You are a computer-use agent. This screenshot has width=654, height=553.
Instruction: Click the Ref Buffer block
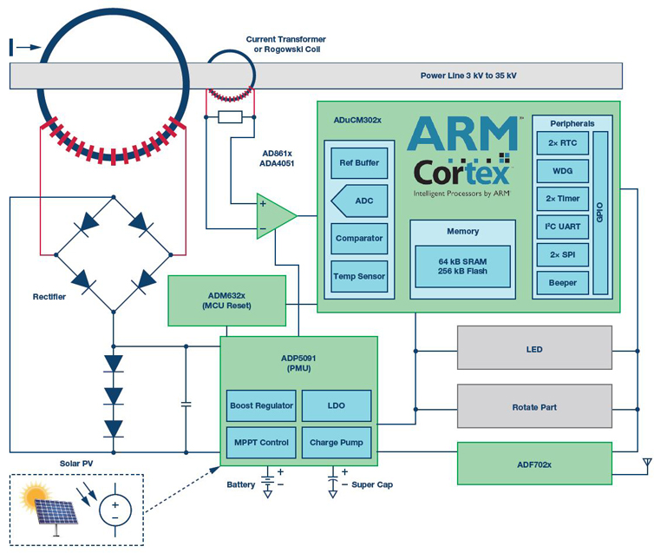[359, 162]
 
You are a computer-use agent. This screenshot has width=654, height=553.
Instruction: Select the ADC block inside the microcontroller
[361, 201]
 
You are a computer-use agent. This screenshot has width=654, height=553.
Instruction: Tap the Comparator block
[359, 238]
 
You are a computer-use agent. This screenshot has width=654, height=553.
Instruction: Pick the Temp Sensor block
[359, 276]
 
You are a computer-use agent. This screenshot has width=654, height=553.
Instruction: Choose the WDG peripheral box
[562, 170]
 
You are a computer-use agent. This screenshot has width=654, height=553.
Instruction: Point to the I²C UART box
[562, 227]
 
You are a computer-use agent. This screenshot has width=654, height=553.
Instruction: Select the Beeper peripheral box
[562, 283]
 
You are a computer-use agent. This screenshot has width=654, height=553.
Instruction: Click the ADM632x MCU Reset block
[226, 300]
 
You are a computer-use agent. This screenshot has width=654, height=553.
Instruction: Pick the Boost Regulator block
[261, 406]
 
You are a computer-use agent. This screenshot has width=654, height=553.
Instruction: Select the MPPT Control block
[261, 443]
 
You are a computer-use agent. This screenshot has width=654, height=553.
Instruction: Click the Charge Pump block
[336, 443]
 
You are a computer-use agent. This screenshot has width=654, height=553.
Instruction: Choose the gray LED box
[534, 349]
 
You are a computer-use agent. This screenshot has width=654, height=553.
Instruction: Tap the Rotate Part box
[534, 406]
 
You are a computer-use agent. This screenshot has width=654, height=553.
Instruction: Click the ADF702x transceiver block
[534, 464]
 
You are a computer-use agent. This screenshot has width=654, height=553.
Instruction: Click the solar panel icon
[55, 505]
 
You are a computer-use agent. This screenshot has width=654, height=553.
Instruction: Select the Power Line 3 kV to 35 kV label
[468, 76]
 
